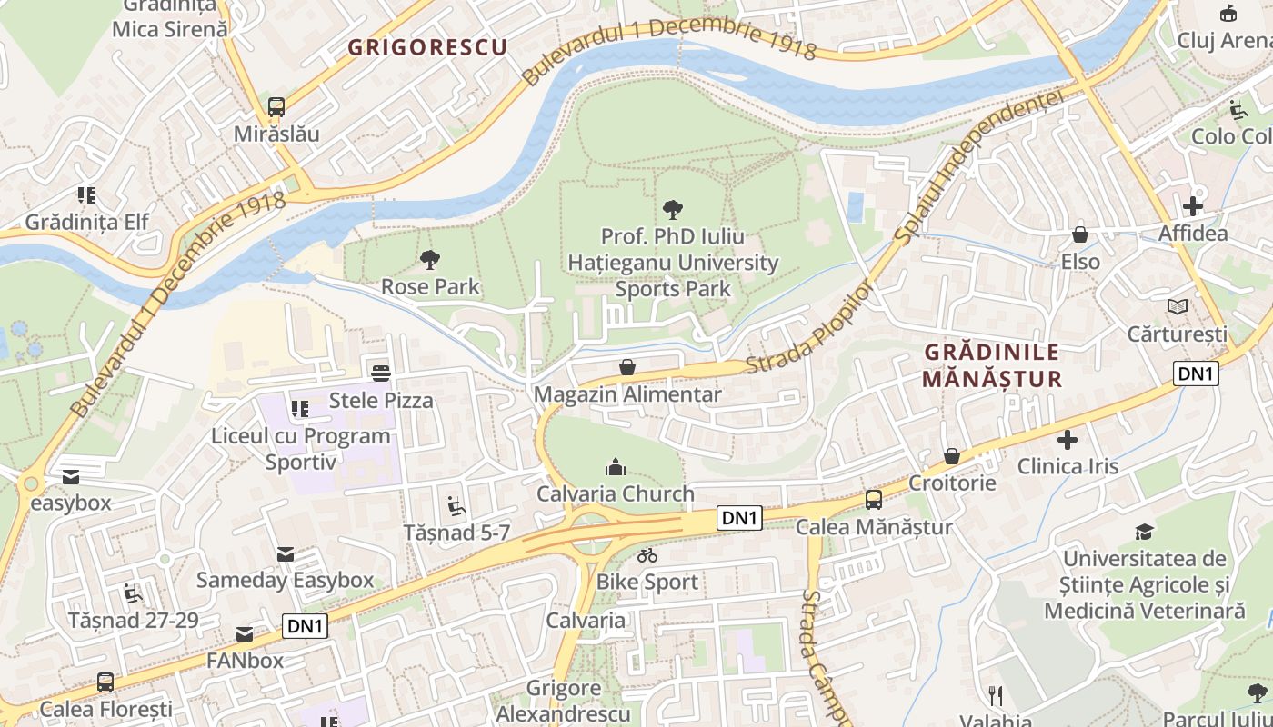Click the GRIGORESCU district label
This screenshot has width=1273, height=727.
(x=427, y=47)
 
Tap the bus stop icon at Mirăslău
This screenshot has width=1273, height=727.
(x=276, y=106)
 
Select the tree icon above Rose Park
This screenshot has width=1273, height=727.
(x=430, y=260)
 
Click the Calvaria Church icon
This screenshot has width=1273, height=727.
(x=616, y=467)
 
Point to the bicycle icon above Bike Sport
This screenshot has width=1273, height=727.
(x=647, y=554)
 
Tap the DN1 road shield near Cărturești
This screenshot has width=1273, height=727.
(x=1195, y=373)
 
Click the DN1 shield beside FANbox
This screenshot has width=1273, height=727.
(x=306, y=625)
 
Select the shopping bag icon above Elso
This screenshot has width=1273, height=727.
(x=1080, y=234)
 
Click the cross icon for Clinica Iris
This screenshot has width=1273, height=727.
(x=1068, y=441)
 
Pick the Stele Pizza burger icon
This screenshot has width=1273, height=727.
(x=381, y=373)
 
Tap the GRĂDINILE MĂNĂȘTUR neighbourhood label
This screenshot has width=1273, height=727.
(x=992, y=365)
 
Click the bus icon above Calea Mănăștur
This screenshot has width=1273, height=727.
(x=874, y=499)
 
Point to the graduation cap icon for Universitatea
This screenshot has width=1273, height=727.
(x=1144, y=532)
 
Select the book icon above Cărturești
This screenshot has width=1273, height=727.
(x=1178, y=306)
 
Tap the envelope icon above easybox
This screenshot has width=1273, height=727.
(x=71, y=476)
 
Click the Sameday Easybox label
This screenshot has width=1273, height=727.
(x=286, y=580)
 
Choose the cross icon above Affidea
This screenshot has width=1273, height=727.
(x=1193, y=206)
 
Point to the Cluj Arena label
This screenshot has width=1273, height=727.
(x=1224, y=40)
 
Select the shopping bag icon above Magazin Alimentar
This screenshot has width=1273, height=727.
(x=627, y=367)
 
